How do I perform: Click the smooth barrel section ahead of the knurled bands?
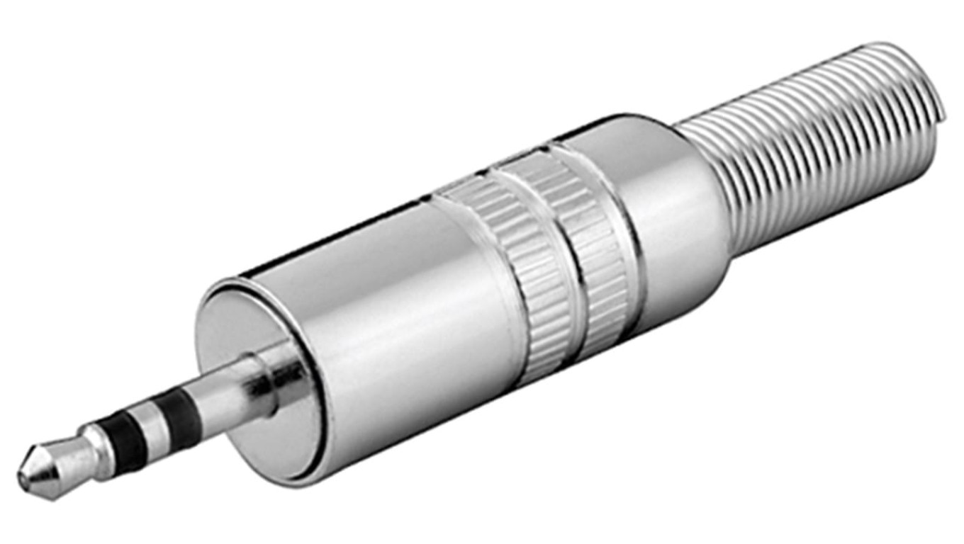(x=397, y=297)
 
